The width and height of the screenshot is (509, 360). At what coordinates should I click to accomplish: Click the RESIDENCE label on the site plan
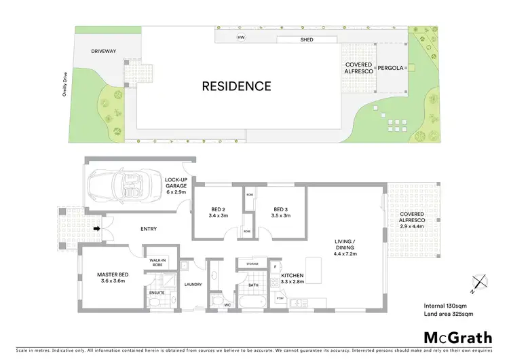pos(235,86)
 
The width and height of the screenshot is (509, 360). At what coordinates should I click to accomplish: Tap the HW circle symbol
pos(240,37)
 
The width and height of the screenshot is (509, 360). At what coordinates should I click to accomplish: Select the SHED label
pos(307,40)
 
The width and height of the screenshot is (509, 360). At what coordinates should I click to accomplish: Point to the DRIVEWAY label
pos(105,51)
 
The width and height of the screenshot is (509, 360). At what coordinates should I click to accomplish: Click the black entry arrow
pos(97,228)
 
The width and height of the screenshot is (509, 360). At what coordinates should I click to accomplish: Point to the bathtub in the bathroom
pos(253,300)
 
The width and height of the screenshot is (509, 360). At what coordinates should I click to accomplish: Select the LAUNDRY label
pos(193,284)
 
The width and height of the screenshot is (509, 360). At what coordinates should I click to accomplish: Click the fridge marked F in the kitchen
pos(275,266)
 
